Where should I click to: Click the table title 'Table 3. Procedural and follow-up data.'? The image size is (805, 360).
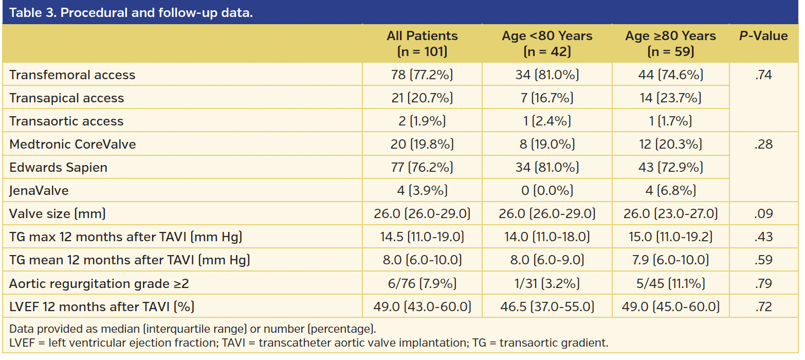(x=131, y=12)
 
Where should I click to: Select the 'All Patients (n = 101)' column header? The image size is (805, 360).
(x=422, y=43)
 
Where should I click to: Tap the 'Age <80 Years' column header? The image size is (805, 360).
(x=547, y=43)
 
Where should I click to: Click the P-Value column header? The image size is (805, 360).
(x=763, y=36)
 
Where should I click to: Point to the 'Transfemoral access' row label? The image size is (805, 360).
(x=72, y=75)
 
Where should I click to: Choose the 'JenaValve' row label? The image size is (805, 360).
(x=39, y=191)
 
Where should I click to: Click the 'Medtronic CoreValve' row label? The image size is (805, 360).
(x=72, y=145)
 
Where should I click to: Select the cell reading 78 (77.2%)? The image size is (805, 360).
(x=422, y=75)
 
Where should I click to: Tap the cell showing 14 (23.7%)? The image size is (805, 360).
(x=670, y=98)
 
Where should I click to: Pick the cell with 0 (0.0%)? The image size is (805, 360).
(x=547, y=191)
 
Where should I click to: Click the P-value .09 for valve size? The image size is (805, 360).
(x=763, y=214)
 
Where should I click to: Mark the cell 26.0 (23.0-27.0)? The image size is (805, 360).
(x=670, y=214)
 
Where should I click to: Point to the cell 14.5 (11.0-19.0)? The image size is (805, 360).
(x=422, y=237)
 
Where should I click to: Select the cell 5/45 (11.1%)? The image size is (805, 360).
(x=670, y=283)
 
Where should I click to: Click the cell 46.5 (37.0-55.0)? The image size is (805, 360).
(x=547, y=307)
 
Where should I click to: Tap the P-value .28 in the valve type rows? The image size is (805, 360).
(x=763, y=145)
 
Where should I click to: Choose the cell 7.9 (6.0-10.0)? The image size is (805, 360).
(x=670, y=260)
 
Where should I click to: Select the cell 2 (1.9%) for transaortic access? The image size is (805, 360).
(x=422, y=121)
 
